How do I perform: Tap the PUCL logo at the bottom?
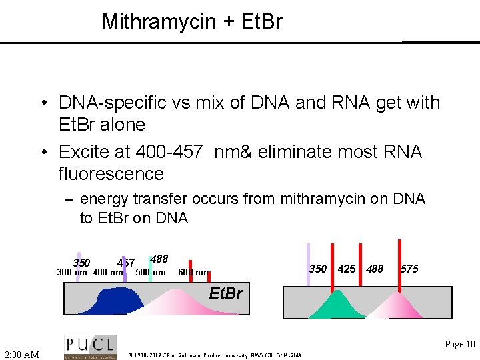click(90, 347)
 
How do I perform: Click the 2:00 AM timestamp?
click(21, 355)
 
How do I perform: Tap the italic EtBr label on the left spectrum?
click(226, 293)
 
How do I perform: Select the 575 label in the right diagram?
click(409, 269)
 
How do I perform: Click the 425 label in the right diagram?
click(347, 269)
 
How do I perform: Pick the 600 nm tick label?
click(193, 273)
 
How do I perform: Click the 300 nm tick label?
click(72, 273)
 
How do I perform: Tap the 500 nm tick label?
click(151, 272)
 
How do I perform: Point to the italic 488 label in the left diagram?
click(159, 259)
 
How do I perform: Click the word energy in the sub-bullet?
click(101, 199)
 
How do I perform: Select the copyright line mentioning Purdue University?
click(215, 355)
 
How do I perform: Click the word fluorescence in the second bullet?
click(111, 174)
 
